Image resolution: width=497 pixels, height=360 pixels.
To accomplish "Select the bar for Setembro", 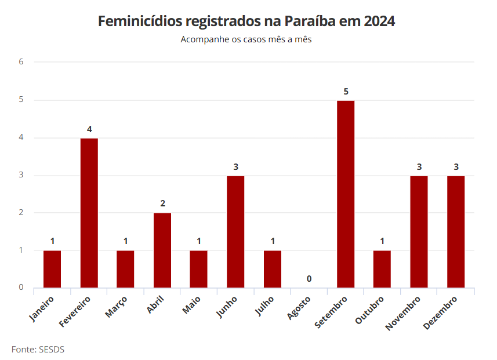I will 346,194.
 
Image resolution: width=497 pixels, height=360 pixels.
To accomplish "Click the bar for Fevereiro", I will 89,213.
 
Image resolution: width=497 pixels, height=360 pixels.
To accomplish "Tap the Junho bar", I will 235,231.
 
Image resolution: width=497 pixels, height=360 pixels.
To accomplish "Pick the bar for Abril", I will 162,250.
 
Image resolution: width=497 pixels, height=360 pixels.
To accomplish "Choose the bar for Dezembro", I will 456,231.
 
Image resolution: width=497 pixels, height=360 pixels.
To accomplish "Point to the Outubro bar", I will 382,269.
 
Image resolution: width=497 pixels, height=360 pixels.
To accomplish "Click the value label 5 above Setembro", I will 346,92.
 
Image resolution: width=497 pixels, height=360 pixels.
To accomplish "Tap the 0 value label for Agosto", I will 309,279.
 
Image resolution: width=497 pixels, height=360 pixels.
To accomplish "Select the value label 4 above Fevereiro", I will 89,129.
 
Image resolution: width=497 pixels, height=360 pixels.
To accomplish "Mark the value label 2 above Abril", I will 162,203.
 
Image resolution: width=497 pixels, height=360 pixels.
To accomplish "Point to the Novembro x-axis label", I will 404,313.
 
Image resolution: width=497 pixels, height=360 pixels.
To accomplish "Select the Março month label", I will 116,307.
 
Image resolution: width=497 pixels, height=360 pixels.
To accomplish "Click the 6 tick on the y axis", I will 21,62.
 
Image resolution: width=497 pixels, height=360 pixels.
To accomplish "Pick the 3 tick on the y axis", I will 21,175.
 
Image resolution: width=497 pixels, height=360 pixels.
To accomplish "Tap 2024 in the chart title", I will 379,21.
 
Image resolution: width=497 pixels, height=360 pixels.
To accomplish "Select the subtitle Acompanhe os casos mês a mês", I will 246,39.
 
